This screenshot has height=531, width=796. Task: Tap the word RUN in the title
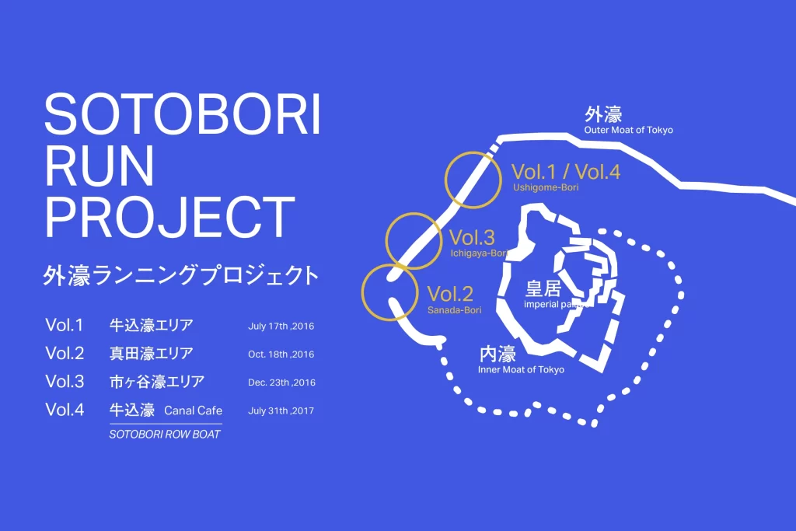pyautogui.click(x=99, y=166)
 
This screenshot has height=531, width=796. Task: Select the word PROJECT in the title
pyautogui.click(x=170, y=217)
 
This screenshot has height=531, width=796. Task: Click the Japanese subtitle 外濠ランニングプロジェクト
pyautogui.click(x=181, y=276)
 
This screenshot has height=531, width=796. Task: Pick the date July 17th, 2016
pyautogui.click(x=281, y=327)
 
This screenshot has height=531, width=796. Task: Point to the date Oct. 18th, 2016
pyautogui.click(x=281, y=355)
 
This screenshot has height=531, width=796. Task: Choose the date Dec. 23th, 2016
pyautogui.click(x=281, y=383)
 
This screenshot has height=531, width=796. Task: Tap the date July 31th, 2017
pyautogui.click(x=281, y=410)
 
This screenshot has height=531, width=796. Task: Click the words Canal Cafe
pyautogui.click(x=194, y=410)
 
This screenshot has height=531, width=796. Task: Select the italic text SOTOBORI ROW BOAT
pyautogui.click(x=165, y=435)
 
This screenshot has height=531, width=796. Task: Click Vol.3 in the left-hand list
pyautogui.click(x=65, y=381)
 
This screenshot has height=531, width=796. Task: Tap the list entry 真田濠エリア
pyautogui.click(x=152, y=353)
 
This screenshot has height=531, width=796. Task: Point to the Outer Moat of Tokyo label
pyautogui.click(x=628, y=130)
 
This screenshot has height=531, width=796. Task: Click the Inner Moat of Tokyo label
pyautogui.click(x=521, y=369)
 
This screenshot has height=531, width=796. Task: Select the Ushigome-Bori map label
pyautogui.click(x=546, y=187)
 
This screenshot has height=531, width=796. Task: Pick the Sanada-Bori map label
pyautogui.click(x=454, y=310)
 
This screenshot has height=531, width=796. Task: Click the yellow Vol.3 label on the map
pyautogui.click(x=472, y=238)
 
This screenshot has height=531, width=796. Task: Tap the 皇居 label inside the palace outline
pyautogui.click(x=543, y=289)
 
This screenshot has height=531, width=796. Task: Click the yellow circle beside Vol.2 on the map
pyautogui.click(x=389, y=264)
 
